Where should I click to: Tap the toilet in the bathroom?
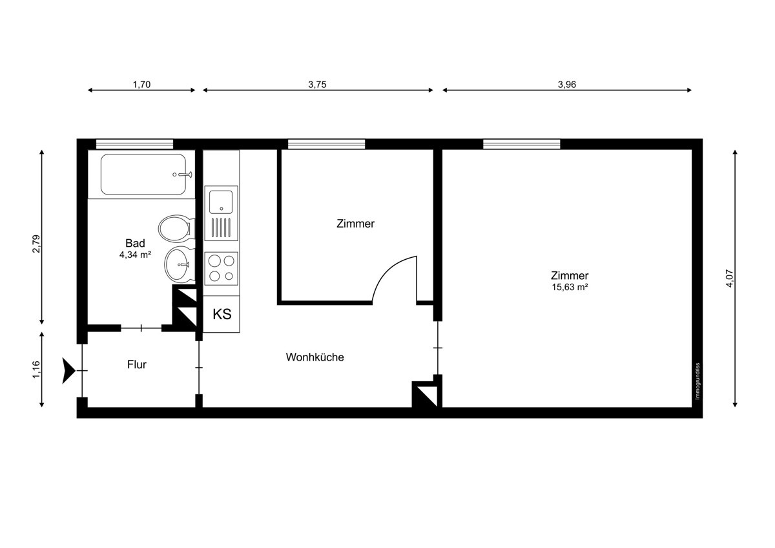(174, 228)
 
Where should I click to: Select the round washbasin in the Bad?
(178, 264)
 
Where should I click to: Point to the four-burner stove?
(221, 268)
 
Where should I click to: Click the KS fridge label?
(222, 315)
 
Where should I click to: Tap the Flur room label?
(137, 364)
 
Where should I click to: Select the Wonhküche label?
(315, 357)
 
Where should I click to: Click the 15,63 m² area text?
(569, 287)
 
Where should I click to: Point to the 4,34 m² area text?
(135, 255)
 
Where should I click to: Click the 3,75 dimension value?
(317, 84)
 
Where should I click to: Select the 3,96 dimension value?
(566, 84)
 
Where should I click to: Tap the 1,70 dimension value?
(141, 84)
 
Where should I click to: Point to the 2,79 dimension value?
(36, 244)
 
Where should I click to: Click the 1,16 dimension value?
(36, 369)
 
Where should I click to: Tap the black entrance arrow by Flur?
(68, 370)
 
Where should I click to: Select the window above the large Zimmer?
(521, 144)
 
